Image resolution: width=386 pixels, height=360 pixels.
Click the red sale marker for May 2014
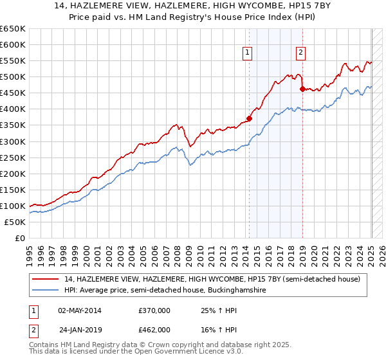tap(249, 118)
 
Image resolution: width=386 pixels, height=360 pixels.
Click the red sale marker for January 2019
tap(302, 89)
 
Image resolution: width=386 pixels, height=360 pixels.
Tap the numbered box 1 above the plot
tap(248, 53)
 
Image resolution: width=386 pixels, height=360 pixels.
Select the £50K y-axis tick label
tap(15, 222)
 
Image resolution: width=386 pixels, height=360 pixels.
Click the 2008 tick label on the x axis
tap(180, 253)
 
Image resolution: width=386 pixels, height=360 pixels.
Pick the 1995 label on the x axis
tap(30, 253)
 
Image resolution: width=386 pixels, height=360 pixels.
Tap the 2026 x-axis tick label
tap(383, 253)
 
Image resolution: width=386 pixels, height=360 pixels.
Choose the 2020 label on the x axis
tap(315, 253)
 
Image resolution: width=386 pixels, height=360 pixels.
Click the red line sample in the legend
tap(46, 279)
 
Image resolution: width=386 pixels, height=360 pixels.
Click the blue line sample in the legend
tap(46, 291)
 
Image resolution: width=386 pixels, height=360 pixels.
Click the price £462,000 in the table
tap(154, 330)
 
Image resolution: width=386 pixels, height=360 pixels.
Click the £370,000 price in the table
tap(154, 310)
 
